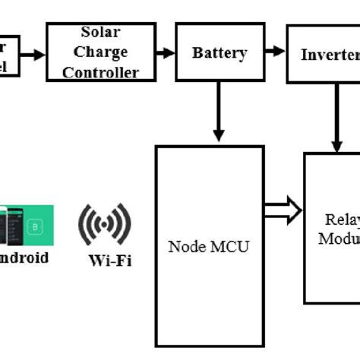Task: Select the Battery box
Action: point(219,53)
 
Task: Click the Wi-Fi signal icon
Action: point(105,223)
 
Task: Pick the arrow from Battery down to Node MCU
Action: point(219,111)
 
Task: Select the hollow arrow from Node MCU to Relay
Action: point(283,212)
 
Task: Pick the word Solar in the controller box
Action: point(101,33)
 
